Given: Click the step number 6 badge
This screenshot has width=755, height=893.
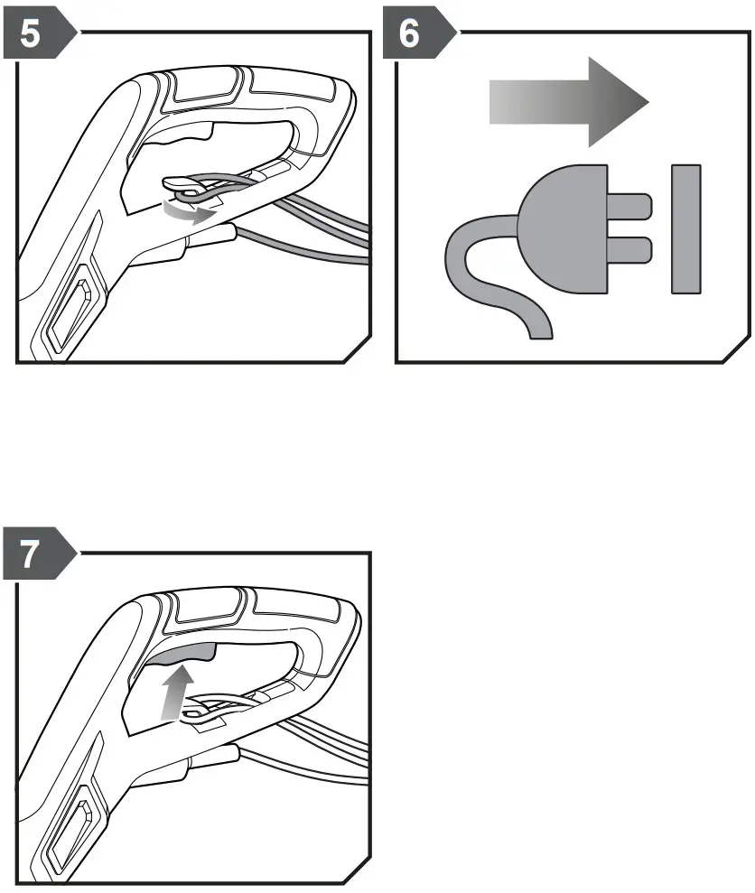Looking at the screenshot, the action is point(417,33).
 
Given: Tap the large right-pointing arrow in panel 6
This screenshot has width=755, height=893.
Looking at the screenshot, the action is point(569,102).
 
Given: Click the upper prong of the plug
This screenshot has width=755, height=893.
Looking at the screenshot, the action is point(629,206).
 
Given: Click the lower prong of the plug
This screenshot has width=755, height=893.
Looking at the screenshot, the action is point(629,250).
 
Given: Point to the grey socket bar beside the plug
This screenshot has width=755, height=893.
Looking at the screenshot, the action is point(686,229).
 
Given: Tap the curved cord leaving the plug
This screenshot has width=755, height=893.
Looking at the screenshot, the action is point(484,274).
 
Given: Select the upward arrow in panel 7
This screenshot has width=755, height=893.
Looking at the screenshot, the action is point(178,692).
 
